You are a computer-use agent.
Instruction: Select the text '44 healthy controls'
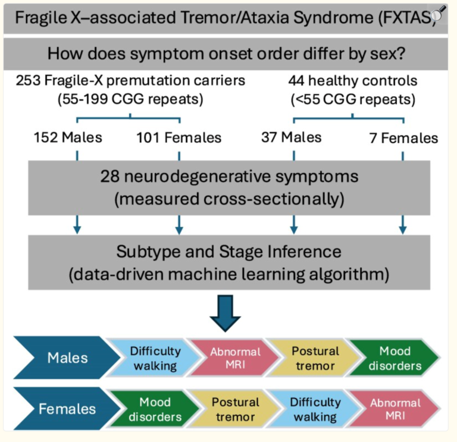(x=353, y=81)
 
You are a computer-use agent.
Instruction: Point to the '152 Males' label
(x=68, y=137)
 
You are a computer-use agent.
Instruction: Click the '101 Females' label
(x=179, y=138)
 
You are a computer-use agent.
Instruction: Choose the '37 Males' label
(x=291, y=137)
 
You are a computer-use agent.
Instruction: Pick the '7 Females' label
(x=402, y=139)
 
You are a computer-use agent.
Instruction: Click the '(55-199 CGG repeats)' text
(x=130, y=99)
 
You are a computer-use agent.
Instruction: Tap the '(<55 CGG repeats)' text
(x=353, y=99)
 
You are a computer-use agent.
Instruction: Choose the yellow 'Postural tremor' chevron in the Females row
(x=234, y=409)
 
